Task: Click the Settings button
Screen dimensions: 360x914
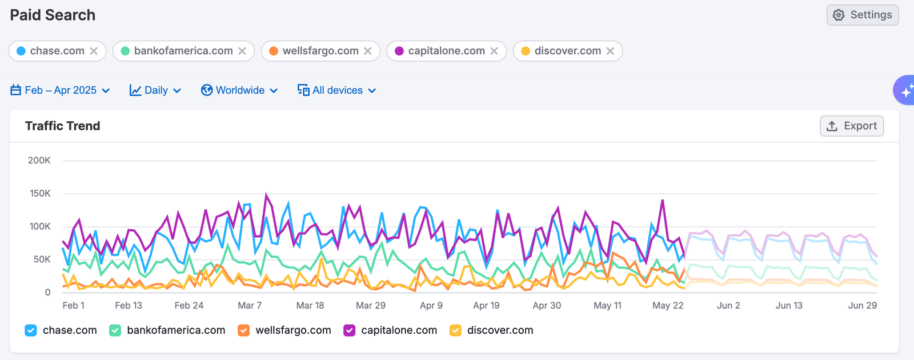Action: (863, 15)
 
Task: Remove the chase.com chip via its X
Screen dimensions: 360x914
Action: (94, 51)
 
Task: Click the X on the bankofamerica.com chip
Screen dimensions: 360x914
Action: (242, 51)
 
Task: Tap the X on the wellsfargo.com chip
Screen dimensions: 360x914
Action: (368, 51)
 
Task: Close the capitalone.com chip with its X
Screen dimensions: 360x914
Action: (494, 51)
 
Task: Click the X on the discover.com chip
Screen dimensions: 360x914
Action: (610, 51)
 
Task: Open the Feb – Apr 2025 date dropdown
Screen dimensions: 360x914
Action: (60, 90)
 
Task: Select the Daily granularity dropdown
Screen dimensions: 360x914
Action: (155, 90)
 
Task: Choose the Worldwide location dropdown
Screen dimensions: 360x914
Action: (239, 90)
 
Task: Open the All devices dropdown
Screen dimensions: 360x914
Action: (336, 90)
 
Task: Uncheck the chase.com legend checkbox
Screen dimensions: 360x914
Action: (31, 330)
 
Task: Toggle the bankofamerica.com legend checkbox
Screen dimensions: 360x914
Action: (115, 330)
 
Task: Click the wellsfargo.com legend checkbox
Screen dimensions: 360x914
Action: (243, 330)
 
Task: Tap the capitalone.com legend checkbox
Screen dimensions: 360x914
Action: (349, 330)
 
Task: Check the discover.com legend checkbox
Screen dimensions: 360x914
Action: (455, 330)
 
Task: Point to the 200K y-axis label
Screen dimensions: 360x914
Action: (39, 161)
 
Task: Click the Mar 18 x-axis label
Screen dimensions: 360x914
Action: (310, 306)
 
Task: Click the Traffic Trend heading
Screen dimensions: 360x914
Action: (62, 126)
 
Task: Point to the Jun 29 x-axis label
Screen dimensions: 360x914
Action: (862, 306)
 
